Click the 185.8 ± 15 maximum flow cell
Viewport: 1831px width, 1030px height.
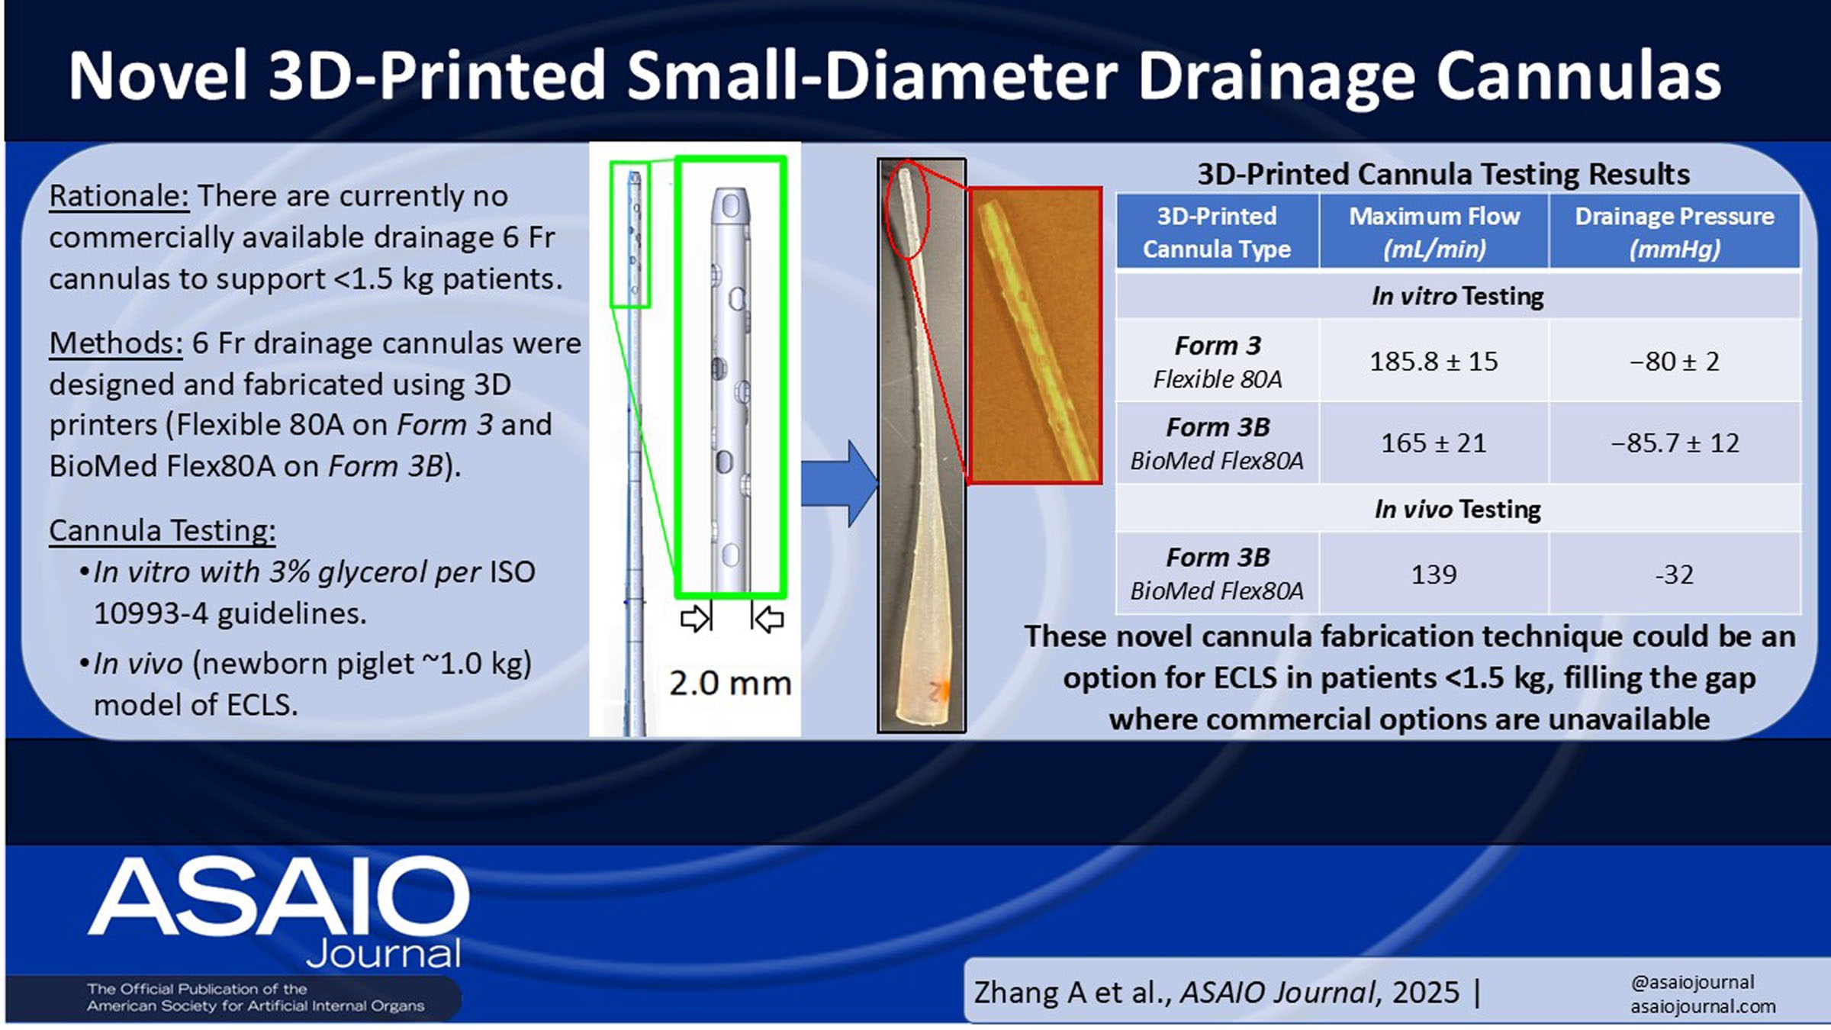(x=1434, y=361)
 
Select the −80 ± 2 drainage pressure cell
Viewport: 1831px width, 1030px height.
(x=1675, y=361)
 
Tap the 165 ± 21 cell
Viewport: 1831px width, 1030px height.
(x=1434, y=443)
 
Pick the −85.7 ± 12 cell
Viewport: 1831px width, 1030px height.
(x=1675, y=443)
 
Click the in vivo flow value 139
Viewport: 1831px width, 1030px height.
(x=1434, y=574)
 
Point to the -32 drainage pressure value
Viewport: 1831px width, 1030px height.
(x=1675, y=574)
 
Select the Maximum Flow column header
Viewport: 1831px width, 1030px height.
(x=1434, y=232)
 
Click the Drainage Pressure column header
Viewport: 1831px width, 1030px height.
(x=1675, y=232)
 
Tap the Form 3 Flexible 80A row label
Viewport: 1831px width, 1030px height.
(x=1218, y=362)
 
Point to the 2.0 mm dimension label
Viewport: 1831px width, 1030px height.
(x=730, y=683)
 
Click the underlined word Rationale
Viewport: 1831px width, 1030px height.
(x=119, y=197)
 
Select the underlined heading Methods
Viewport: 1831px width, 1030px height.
(x=116, y=344)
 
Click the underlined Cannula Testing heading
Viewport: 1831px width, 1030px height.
(x=163, y=530)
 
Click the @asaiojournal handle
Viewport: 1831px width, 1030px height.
(x=1692, y=982)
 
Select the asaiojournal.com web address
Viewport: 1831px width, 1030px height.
(x=1703, y=1006)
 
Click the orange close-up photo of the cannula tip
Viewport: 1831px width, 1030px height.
(x=1035, y=336)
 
